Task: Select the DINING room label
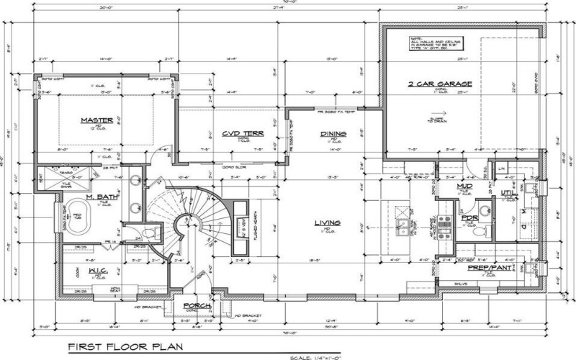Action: coord(333,134)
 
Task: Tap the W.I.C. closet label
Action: coord(99,271)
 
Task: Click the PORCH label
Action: coord(197,305)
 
